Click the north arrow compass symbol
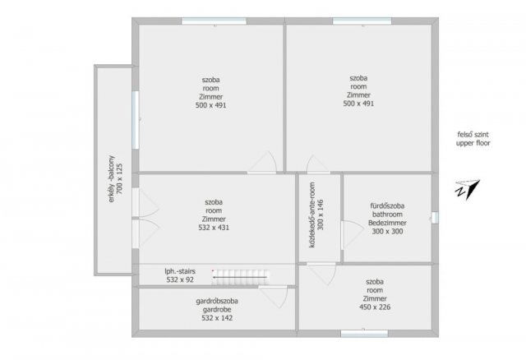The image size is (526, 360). pos(468,190)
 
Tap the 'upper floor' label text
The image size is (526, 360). pos(473,143)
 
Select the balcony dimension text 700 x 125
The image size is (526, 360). pos(119,178)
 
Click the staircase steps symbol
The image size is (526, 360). pos(241,277)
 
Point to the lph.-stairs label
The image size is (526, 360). pos(180,271)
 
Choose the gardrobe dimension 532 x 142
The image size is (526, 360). pos(217,318)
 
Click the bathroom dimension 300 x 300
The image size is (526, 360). pos(387,231)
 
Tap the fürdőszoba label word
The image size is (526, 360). pos(387,205)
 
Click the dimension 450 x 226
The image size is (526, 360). pos(375,307)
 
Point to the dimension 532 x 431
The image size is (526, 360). pos(214,228)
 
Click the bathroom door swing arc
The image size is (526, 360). pos(353,233)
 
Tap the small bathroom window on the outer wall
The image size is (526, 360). pos(435,218)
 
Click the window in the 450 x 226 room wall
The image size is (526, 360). pos(364,333)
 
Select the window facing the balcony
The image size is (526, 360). pos(135,120)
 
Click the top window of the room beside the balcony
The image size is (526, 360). pos(214,21)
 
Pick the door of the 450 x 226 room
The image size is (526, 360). pos(321,274)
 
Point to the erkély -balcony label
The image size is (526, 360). pos(112,178)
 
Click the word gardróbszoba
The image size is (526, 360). pos(217,301)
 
